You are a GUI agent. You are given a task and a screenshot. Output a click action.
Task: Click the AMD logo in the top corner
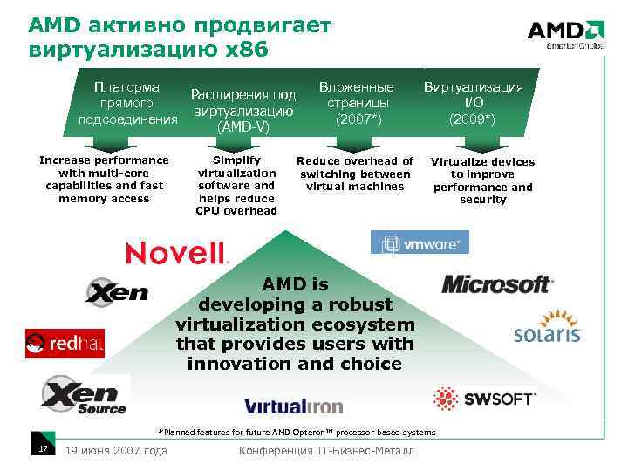[x=565, y=33]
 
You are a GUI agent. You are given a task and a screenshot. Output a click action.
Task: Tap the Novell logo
[x=177, y=253]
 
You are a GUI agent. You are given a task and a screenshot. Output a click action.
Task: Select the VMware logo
[x=420, y=242]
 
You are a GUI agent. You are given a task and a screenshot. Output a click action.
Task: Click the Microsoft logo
[x=497, y=284]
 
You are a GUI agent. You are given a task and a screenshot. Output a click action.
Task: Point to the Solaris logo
[x=547, y=328]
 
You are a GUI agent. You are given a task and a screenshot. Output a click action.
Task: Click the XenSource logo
[x=84, y=395]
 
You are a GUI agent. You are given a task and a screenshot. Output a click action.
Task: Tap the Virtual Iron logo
[x=294, y=406]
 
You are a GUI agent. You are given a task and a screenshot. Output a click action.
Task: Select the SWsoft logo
[x=484, y=399]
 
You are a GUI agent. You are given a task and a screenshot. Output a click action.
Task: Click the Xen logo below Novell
[x=117, y=291]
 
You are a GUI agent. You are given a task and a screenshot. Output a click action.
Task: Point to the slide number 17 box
[x=41, y=448]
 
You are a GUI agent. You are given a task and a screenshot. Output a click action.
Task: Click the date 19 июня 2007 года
[x=117, y=450]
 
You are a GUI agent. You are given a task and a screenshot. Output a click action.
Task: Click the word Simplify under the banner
[x=236, y=160]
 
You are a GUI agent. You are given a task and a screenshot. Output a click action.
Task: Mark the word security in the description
[x=482, y=200]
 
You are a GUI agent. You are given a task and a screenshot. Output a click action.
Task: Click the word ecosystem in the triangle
[x=372, y=324]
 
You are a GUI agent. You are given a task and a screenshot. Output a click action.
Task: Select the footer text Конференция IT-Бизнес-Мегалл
[x=326, y=450]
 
